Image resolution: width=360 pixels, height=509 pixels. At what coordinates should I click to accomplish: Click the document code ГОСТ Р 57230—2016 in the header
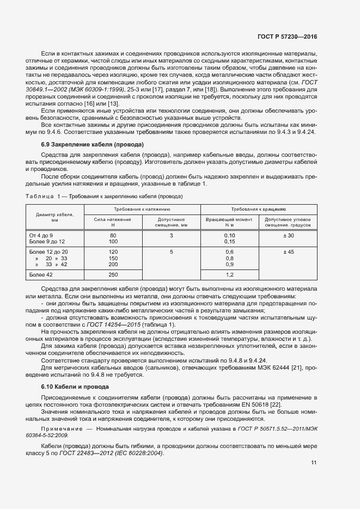tap(287, 36)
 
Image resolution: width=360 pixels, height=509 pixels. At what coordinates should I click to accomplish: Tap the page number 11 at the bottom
tap(314, 463)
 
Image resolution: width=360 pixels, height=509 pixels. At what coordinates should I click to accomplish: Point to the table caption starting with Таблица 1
tap(104, 196)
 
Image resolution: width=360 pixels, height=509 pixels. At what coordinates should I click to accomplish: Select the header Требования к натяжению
tap(142, 209)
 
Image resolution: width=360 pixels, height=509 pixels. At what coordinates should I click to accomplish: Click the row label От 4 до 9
tap(41, 235)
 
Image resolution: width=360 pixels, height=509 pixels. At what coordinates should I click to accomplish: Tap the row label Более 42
tap(42, 275)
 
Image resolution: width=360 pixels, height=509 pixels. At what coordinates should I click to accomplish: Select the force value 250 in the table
tap(113, 275)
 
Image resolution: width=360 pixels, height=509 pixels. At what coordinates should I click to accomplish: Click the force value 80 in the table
tap(113, 235)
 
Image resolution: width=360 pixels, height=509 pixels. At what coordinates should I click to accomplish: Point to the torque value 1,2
tap(229, 275)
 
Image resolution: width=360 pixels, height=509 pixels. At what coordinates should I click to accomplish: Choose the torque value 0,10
tap(229, 235)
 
